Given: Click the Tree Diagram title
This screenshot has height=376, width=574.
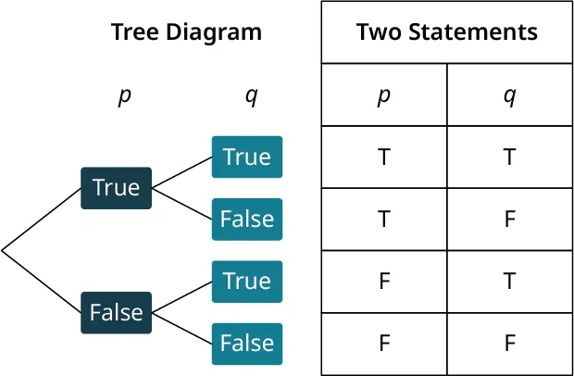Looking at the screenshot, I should point(186,32).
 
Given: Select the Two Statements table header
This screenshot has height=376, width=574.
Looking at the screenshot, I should point(447,32).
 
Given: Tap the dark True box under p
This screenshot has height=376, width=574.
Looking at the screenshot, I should point(116,188).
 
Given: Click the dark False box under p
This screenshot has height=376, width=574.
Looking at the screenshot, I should point(116,312).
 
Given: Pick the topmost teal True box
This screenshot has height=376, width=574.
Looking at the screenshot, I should point(246,157).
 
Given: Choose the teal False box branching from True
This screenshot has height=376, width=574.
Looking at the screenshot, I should point(246,219).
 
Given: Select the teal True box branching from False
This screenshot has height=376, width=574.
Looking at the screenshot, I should point(246,281).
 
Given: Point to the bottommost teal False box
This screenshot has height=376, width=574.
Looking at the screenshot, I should point(246,344).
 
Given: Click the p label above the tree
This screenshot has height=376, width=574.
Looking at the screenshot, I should point(124,96).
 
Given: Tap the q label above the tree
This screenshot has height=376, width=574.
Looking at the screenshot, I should point(250,96).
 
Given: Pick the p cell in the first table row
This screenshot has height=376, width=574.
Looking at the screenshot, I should point(384,157).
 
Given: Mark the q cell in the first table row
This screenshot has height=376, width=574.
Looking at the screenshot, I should point(509,157).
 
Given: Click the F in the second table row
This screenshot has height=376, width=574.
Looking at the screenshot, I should point(509,219).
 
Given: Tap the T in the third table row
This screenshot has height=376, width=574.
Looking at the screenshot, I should point(509,282).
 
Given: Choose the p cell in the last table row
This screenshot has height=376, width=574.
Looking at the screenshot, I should point(384,344).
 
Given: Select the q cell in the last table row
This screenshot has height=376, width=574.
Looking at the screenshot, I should point(509,344).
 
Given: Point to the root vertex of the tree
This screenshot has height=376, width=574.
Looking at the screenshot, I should point(3,250).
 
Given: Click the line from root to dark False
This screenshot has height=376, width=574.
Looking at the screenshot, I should point(42,281).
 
